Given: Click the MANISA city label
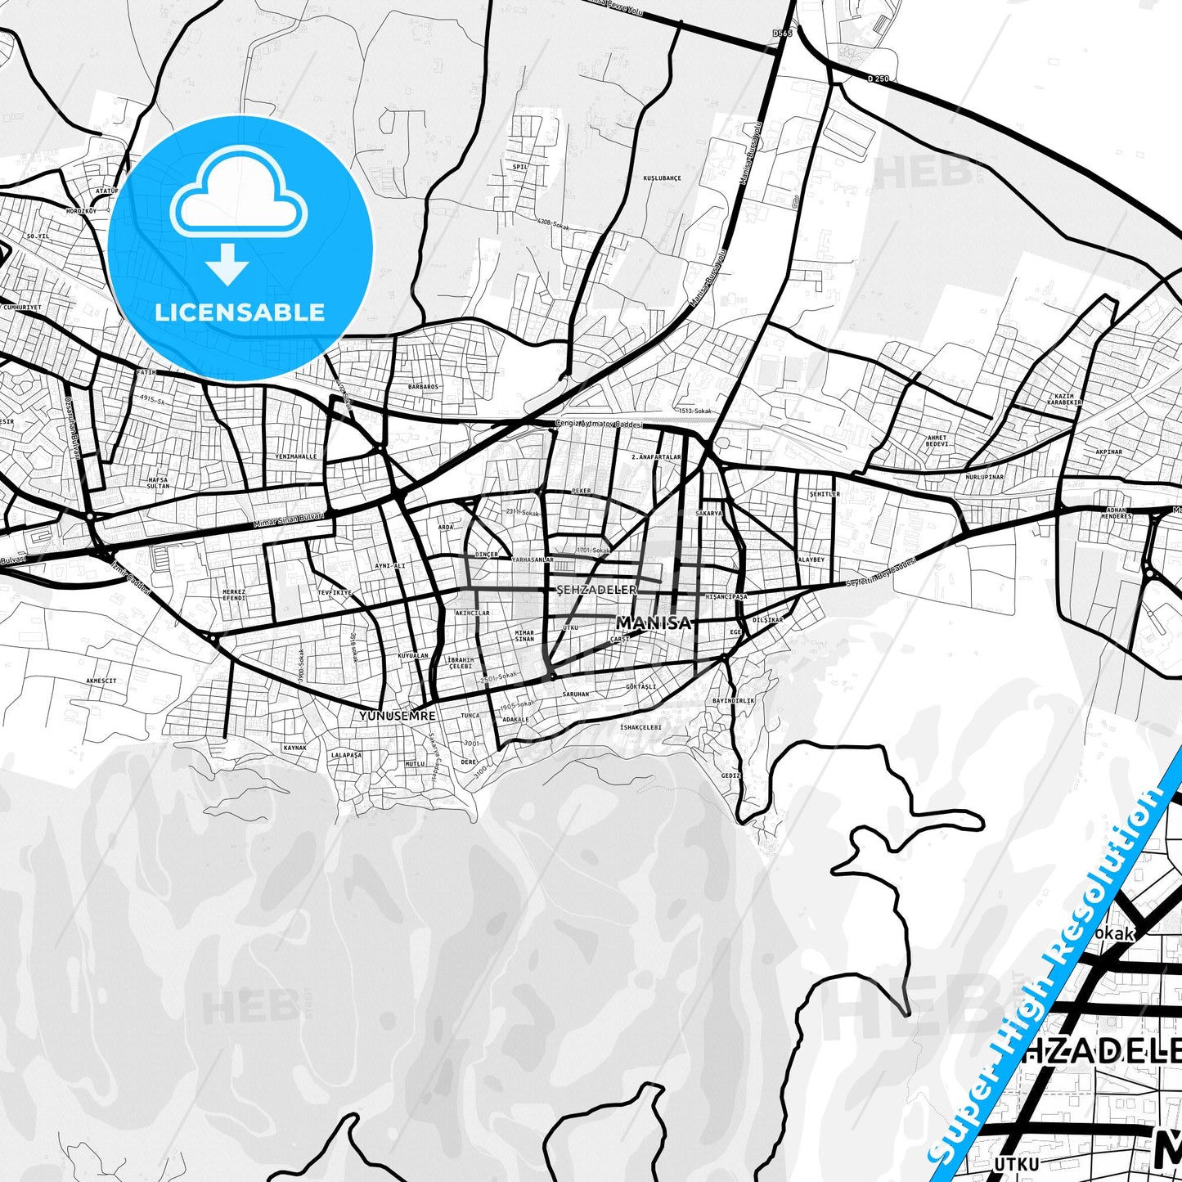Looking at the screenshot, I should point(654,622).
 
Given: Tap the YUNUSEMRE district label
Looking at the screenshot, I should point(396,716).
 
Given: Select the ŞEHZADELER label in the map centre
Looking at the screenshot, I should point(595,589).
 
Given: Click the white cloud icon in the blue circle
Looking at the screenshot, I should point(238,193).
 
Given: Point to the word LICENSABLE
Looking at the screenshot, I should point(240,312).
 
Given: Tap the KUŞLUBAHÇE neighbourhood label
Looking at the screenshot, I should point(662,178).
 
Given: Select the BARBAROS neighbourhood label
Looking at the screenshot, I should point(424,387).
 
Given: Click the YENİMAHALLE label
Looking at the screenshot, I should point(295,456).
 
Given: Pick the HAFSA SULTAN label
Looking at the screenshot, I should point(158,483).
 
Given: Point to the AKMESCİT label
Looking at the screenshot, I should point(101,681).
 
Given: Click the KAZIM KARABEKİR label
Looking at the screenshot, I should point(1064,399).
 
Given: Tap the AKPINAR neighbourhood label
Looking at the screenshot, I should point(1108,452).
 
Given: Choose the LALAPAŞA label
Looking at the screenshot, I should point(346,755).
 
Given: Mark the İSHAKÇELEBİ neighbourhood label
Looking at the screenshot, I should point(640,726).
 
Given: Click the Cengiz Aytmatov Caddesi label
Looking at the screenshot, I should point(600,425).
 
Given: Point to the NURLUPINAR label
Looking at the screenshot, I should point(984,476).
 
